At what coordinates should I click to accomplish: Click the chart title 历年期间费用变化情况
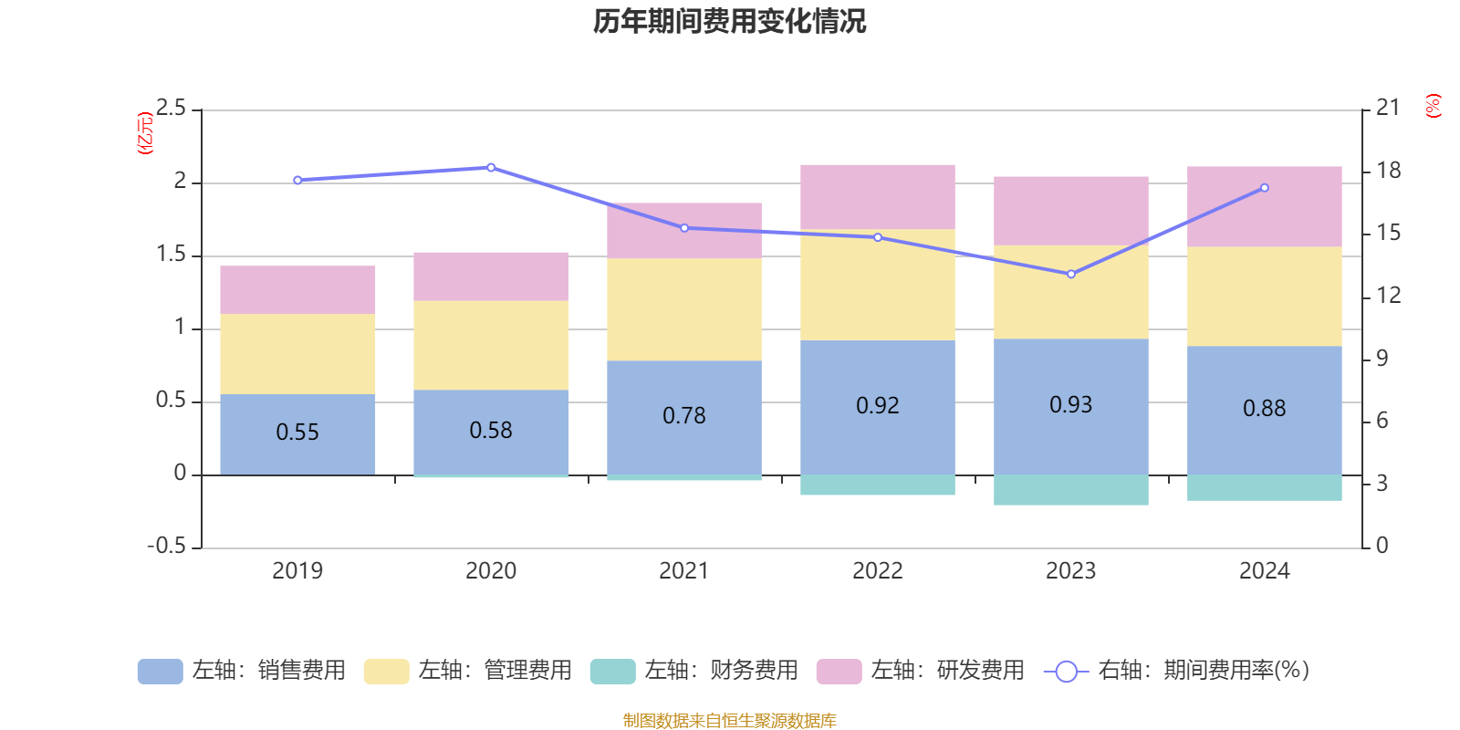729,21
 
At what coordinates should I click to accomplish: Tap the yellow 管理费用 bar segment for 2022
877,285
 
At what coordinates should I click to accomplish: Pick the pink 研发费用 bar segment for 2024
1264,206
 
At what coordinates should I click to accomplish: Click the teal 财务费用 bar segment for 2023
1070,490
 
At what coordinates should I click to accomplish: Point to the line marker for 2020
491,168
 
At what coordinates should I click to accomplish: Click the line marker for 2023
1071,274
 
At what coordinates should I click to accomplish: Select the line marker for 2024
1264,188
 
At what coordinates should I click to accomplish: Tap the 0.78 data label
684,416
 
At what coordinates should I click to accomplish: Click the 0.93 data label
1070,405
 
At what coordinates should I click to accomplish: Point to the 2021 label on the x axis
683,571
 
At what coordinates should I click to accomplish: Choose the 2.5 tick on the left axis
171,109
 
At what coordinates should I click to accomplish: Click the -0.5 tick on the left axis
166,546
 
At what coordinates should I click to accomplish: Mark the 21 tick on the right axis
1387,108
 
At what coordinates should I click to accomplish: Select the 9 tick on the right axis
1382,359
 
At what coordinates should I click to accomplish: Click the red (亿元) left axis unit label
145,133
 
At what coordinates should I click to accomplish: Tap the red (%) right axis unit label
1434,106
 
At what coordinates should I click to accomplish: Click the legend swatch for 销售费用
160,672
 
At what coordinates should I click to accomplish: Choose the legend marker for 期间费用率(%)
1066,672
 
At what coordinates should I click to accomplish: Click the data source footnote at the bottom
729,721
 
